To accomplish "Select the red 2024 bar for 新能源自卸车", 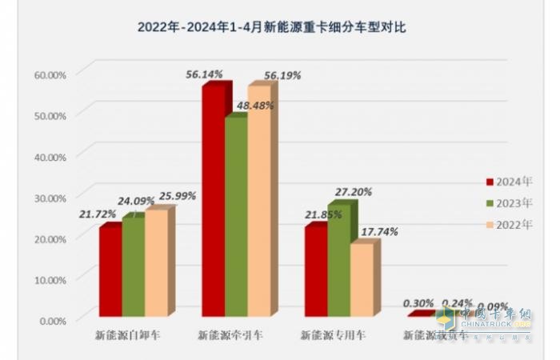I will [x=110, y=272].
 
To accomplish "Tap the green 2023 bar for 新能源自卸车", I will [x=133, y=266].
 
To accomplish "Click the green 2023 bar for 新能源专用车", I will [x=339, y=260].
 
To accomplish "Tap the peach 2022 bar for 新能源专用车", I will [x=362, y=280].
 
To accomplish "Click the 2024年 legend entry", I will [x=509, y=180].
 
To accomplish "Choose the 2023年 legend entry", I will [x=509, y=202].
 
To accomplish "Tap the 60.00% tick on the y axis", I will [x=50, y=74].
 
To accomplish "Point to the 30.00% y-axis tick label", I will [x=50, y=197].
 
